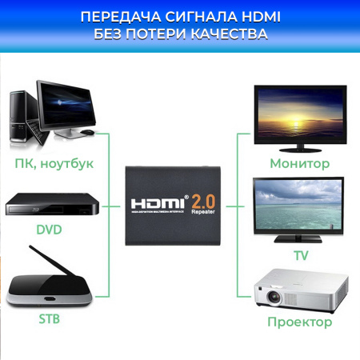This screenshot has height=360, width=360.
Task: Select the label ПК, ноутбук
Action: [x=54, y=163]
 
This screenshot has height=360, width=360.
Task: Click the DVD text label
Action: [x=49, y=229]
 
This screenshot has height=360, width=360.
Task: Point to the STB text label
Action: [x=49, y=320]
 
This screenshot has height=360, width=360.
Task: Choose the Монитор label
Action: [x=300, y=163]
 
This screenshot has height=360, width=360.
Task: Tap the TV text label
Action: [x=301, y=256]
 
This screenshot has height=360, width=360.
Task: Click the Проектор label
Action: [x=300, y=322]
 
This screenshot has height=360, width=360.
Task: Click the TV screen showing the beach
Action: [x=300, y=206]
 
